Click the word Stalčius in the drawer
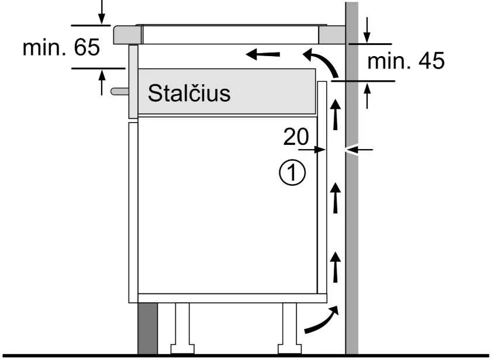189,93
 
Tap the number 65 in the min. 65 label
87,47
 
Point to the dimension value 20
296,137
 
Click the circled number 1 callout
292,172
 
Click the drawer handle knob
120,91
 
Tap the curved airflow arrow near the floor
321,319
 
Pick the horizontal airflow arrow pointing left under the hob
262,54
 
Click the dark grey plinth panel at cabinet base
148,328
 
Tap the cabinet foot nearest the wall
290,328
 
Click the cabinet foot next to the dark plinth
182,328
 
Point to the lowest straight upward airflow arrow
336,267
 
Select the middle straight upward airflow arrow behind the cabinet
336,198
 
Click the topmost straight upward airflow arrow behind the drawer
336,115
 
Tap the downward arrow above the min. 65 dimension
102,12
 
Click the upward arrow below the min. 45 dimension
367,96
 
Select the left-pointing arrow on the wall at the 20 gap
359,150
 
